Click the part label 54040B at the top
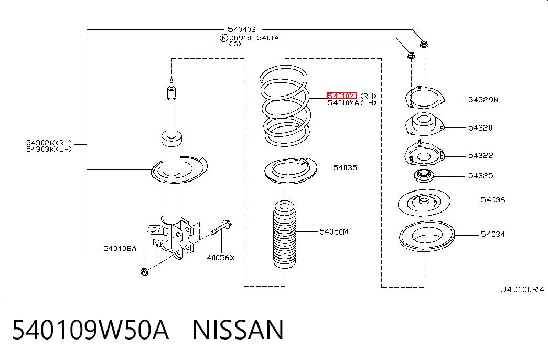pos(242,29)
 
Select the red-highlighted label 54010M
pos(342,96)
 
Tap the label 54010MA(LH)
pos(352,103)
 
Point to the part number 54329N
pos(483,100)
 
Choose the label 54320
pos(480,128)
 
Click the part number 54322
pos(480,155)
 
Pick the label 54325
pos(480,176)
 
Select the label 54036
pos(493,200)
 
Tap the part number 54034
pos(493,234)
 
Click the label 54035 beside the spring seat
pos(345,167)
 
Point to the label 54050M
pos(334,231)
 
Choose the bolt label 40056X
pos(221,258)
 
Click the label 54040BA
pos(120,248)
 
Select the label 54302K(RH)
pos(49,143)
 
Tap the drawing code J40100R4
pos(522,289)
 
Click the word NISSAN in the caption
pos(238,330)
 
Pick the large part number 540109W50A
pos(91,330)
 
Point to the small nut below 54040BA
pos(144,271)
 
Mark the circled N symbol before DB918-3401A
pos(224,38)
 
